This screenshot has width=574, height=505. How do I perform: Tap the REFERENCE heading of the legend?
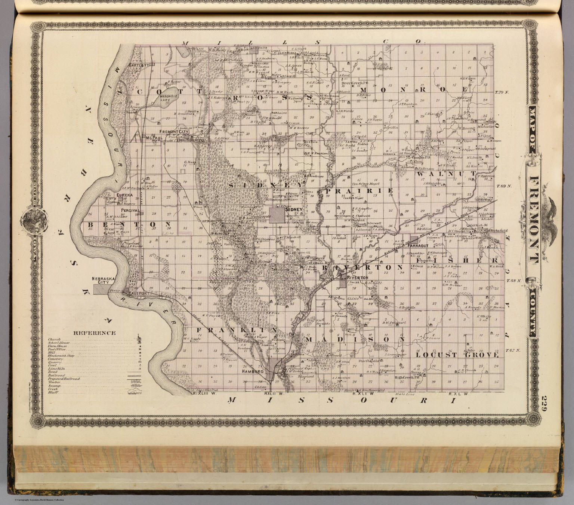(x=94, y=333)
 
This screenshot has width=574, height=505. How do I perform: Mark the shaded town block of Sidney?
(x=277, y=215)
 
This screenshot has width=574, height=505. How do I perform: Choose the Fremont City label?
(x=173, y=132)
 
